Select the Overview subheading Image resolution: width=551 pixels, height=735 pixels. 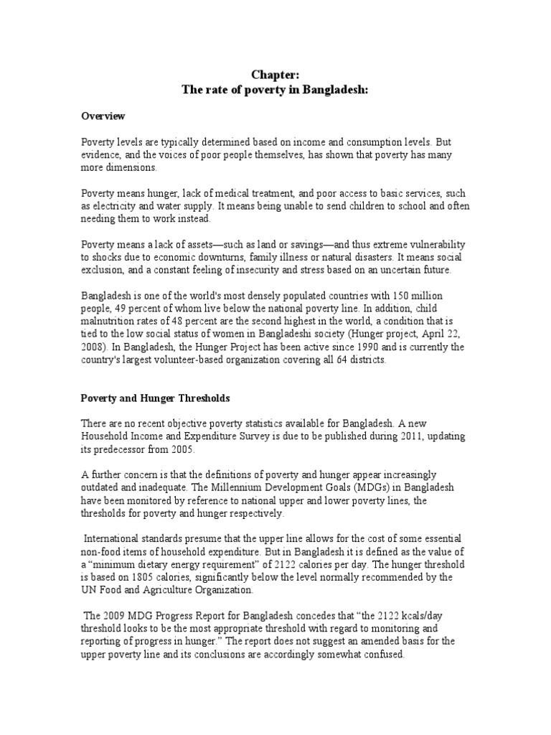pos(102,116)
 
